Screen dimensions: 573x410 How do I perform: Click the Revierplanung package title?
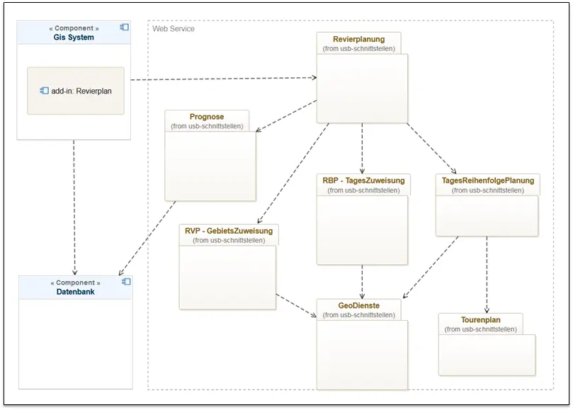[x=358, y=39]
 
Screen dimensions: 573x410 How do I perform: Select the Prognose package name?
[x=207, y=117]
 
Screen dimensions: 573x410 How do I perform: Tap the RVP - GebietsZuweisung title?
[x=229, y=231]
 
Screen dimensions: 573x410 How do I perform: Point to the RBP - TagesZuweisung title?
[x=363, y=181]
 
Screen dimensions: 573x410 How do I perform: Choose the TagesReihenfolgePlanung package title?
[x=488, y=181]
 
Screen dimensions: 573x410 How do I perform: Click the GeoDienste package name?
[x=358, y=305]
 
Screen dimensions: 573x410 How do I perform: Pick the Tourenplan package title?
[x=480, y=320]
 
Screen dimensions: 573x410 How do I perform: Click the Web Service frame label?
[x=174, y=29]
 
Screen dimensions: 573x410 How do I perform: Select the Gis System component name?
[x=74, y=38]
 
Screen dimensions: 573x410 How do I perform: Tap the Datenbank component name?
[x=75, y=292]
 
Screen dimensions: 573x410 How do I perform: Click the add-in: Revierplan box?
[x=76, y=91]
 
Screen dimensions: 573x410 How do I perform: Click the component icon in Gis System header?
[x=124, y=27]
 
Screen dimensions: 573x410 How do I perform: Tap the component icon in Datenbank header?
[x=126, y=282]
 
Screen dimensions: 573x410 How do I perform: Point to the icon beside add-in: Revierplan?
[x=44, y=91]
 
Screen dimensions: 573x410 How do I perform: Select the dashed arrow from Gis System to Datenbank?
[x=74, y=207]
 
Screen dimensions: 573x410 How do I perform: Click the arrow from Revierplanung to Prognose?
[x=286, y=116]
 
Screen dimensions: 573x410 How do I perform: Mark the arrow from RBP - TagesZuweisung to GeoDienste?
[x=362, y=282]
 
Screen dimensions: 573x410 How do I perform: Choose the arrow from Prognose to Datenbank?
[x=147, y=238]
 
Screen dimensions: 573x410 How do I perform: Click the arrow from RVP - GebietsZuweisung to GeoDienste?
[x=296, y=305]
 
